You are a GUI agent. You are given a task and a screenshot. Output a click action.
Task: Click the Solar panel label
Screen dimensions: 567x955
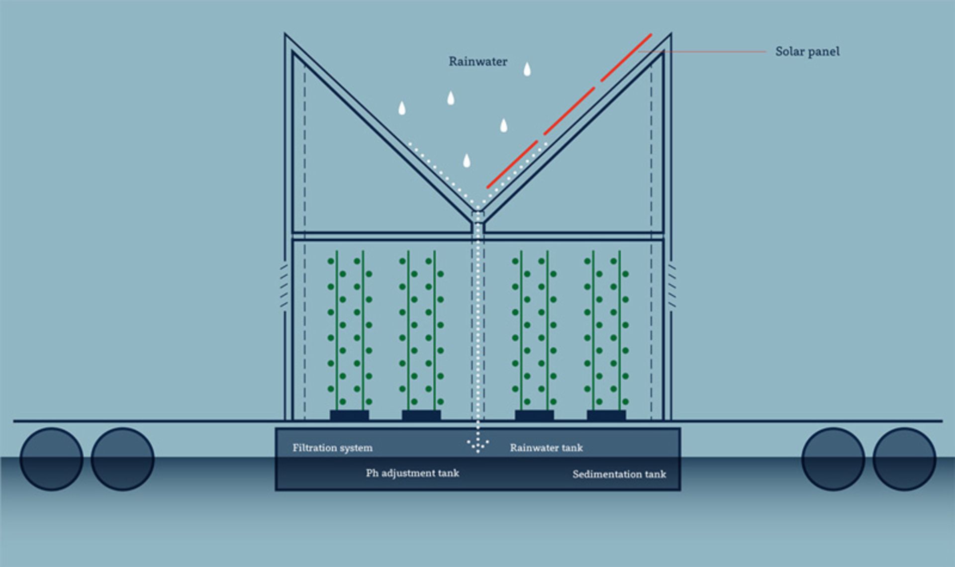click(807, 51)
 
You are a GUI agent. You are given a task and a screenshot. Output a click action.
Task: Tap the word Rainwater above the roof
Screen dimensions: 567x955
click(477, 62)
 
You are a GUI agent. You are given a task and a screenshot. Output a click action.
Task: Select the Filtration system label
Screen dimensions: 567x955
click(332, 448)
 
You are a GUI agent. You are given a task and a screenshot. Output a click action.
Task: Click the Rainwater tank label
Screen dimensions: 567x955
click(546, 448)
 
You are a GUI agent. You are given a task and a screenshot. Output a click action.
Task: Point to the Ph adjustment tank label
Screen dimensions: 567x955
click(412, 473)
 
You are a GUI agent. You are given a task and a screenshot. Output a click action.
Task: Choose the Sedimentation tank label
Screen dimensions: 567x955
click(619, 474)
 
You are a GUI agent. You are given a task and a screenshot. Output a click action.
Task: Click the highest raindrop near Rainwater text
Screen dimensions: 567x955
click(527, 69)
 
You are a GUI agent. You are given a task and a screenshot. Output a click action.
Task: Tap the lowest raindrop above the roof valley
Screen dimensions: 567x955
click(467, 161)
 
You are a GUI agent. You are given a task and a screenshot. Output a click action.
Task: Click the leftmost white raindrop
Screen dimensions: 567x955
click(402, 108)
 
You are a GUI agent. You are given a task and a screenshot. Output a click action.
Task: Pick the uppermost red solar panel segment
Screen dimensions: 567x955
click(626, 57)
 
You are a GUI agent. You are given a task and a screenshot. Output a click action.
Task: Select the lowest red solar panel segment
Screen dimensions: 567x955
click(512, 164)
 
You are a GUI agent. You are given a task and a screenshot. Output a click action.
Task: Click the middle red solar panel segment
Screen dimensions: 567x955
click(570, 111)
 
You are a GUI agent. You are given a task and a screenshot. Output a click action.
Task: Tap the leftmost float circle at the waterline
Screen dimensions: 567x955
click(51, 459)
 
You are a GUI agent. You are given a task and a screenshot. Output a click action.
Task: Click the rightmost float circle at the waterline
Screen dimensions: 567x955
click(904, 459)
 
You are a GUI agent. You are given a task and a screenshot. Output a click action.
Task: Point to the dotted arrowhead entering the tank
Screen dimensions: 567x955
click(478, 444)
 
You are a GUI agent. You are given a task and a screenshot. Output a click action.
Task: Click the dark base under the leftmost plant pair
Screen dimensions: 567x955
click(349, 415)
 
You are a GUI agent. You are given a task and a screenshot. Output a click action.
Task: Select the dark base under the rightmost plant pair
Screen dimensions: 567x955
click(606, 415)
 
